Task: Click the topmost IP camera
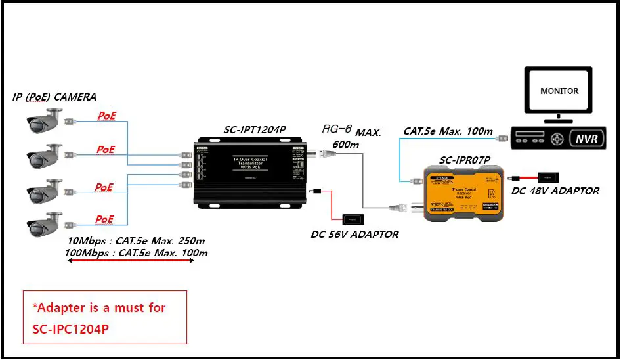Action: [x=45, y=122]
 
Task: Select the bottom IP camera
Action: [x=45, y=223]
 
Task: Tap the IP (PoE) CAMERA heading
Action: [x=54, y=97]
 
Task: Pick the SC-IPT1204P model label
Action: [x=255, y=130]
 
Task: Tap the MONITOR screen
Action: [x=559, y=91]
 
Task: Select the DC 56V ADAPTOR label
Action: [x=354, y=235]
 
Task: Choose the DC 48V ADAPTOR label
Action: [x=555, y=191]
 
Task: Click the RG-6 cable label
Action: [x=336, y=129]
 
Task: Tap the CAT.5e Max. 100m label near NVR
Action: [x=448, y=131]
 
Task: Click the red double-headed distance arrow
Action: [x=131, y=261]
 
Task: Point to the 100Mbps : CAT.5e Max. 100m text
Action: [x=137, y=252]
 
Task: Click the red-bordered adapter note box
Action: [x=105, y=317]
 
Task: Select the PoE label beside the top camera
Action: [x=106, y=116]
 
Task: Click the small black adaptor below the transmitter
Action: [x=352, y=219]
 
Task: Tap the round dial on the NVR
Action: [x=558, y=139]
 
